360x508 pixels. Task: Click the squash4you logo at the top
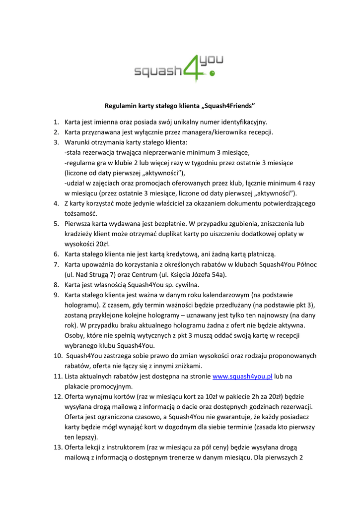coord(179,68)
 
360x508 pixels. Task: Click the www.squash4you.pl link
coord(242,377)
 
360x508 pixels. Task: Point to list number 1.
coord(56,122)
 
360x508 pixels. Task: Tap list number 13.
coord(56,448)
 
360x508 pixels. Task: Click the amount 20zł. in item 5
coord(100,244)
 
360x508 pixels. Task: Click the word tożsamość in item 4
coord(81,213)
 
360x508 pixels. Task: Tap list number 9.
coord(56,295)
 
